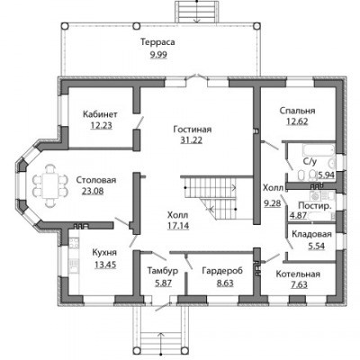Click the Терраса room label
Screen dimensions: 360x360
click(157, 42)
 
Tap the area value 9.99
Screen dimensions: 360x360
click(158, 55)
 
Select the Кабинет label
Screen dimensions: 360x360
click(100, 114)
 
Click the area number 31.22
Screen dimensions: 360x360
click(192, 139)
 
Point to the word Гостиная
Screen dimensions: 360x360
click(193, 130)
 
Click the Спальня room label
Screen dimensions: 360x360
click(297, 111)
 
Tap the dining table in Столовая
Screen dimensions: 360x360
click(50, 185)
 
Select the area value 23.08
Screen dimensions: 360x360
click(93, 191)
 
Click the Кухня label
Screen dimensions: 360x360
click(104, 253)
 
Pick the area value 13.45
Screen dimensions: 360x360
click(105, 265)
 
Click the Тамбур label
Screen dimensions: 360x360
click(163, 271)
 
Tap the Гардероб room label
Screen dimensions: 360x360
click(222, 271)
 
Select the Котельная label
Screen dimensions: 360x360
click(298, 274)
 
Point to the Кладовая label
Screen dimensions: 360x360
click(311, 234)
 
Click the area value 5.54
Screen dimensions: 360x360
click(317, 246)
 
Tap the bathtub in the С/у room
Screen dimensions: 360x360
click(319, 149)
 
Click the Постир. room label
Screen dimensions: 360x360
click(315, 206)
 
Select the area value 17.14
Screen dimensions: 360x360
click(178, 226)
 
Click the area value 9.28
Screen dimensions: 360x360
click(273, 203)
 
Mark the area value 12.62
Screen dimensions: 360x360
click(297, 121)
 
